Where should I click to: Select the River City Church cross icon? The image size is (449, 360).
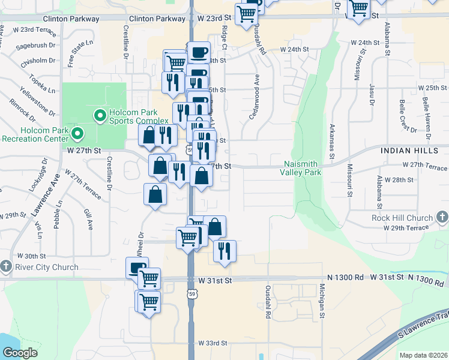click(x=6, y=265)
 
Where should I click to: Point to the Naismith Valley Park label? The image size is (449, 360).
click(x=301, y=168)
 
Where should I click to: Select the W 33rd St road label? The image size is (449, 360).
click(x=213, y=343)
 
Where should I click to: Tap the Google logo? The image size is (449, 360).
click(x=19, y=353)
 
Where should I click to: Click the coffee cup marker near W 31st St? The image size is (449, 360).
click(x=137, y=268)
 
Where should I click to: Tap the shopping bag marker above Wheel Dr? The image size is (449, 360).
click(x=155, y=194)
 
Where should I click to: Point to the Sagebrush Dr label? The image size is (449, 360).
click(x=35, y=45)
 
